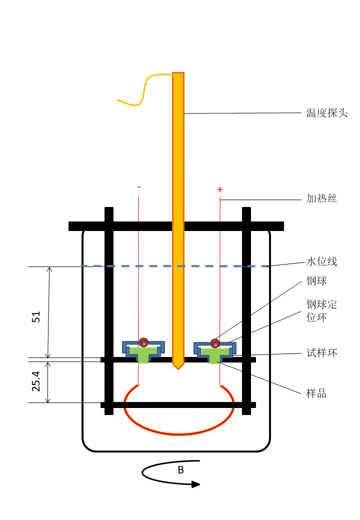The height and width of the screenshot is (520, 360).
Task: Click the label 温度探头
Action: click(326, 113)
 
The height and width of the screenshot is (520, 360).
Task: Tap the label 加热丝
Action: click(321, 198)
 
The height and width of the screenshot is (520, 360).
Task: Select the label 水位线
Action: click(321, 261)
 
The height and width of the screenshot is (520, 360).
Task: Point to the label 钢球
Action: click(316, 281)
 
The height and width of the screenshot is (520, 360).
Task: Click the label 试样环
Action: click(321, 353)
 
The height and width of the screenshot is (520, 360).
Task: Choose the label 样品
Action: click(316, 393)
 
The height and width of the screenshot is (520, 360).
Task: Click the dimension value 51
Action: click(36, 316)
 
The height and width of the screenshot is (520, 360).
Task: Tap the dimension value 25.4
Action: click(36, 381)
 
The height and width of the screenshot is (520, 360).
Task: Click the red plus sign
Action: click(219, 190)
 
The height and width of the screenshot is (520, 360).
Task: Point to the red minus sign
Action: click(138, 187)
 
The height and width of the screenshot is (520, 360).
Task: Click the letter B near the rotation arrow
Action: click(180, 470)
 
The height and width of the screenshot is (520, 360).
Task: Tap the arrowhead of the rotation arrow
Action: click(195, 483)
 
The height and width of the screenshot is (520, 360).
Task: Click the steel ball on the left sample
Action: click(143, 342)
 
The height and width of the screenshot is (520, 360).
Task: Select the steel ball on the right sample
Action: click(215, 343)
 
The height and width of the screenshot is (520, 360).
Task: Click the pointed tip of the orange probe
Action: click(178, 366)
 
